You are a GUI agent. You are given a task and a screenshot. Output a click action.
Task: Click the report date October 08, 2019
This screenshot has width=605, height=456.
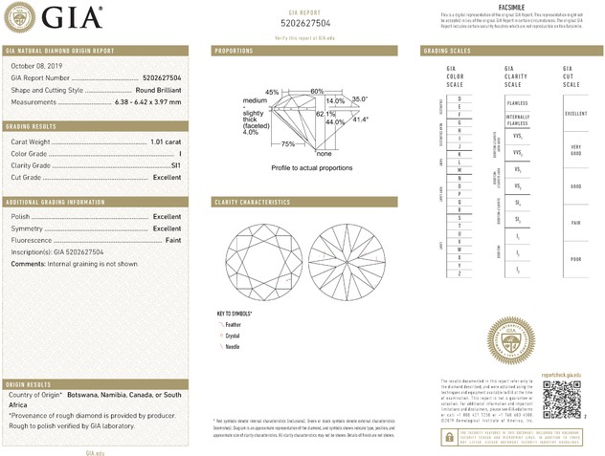35,65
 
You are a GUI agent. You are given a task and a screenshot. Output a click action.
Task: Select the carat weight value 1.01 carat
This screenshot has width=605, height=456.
166,141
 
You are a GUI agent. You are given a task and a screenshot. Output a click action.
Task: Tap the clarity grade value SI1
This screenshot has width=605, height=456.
175,165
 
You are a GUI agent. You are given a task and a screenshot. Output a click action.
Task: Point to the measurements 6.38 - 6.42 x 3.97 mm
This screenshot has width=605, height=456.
146,100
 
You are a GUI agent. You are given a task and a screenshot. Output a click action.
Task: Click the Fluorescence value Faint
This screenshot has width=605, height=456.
172,240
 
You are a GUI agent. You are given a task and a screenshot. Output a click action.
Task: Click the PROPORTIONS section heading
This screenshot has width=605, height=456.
234,50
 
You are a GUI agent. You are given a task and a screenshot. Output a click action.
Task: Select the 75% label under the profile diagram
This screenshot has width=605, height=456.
288,144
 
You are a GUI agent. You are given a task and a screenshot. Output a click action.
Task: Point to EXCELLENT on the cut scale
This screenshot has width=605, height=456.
575,113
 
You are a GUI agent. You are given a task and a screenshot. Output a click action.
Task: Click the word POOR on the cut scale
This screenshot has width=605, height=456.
575,258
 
